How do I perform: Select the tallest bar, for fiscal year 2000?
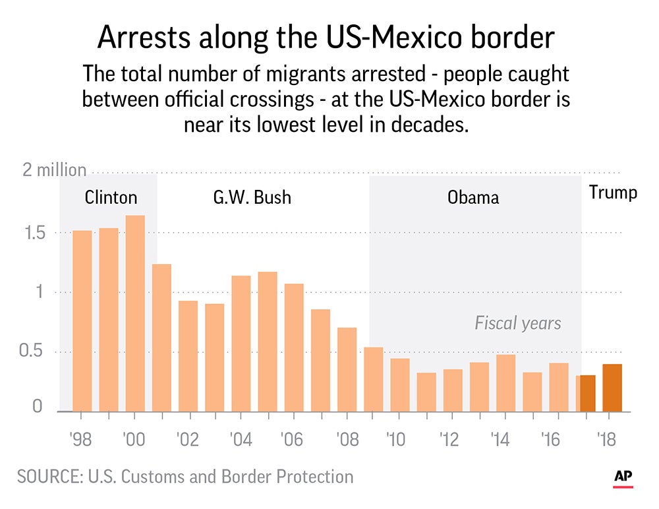point(135,313)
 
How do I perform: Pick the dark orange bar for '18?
point(612,388)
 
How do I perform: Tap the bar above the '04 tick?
point(241,344)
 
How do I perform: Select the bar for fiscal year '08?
point(347,369)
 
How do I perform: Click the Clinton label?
point(111,197)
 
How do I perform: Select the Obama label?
point(473,197)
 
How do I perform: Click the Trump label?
point(613,193)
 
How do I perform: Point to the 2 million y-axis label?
point(55,170)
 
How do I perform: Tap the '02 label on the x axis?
point(188,440)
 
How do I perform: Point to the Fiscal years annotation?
point(518,323)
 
